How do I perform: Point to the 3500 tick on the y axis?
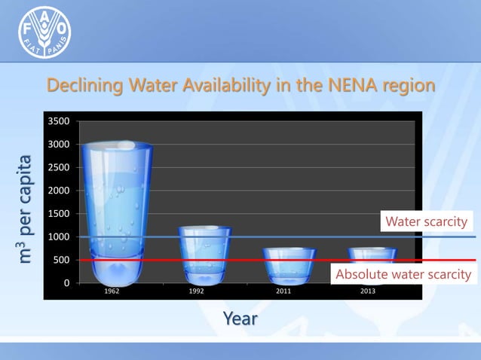[59, 121]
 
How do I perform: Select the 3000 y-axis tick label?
[59, 144]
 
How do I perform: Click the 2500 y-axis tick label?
[59, 167]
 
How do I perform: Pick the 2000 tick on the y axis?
[59, 191]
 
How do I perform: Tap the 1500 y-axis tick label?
[59, 214]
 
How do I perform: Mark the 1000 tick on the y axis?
[59, 237]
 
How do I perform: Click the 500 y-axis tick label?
[61, 261]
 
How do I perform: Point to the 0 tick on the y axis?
[65, 283]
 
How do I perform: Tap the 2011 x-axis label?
[284, 291]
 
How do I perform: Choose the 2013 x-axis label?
[369, 291]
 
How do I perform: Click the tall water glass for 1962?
[116, 211]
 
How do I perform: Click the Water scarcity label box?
[427, 221]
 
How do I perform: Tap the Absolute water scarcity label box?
[403, 274]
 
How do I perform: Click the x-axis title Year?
[240, 319]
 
